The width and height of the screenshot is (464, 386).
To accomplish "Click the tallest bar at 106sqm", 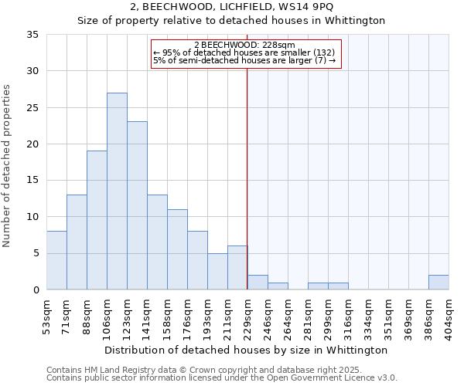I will click(117, 191).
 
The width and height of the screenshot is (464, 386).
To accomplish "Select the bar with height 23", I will click(137, 205).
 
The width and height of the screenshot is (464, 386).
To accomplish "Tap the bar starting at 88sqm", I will click(97, 220).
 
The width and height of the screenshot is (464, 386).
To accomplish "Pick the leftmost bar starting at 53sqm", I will click(56, 260).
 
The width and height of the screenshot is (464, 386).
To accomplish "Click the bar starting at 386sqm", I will click(438, 283).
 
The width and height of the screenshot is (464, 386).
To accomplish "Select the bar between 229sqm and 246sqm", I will click(258, 283).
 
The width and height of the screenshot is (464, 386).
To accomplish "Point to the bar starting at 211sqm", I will click(237, 268).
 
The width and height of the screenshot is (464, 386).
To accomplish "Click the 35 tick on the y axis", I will click(32, 35).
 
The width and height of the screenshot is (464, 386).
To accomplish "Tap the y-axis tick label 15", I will click(32, 181).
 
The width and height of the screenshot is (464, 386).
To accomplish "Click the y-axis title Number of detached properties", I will click(9, 166).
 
